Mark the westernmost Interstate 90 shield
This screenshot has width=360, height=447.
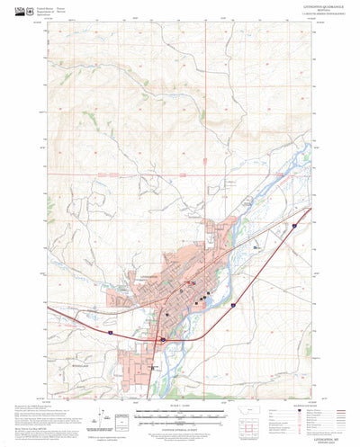coord(108,332)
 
